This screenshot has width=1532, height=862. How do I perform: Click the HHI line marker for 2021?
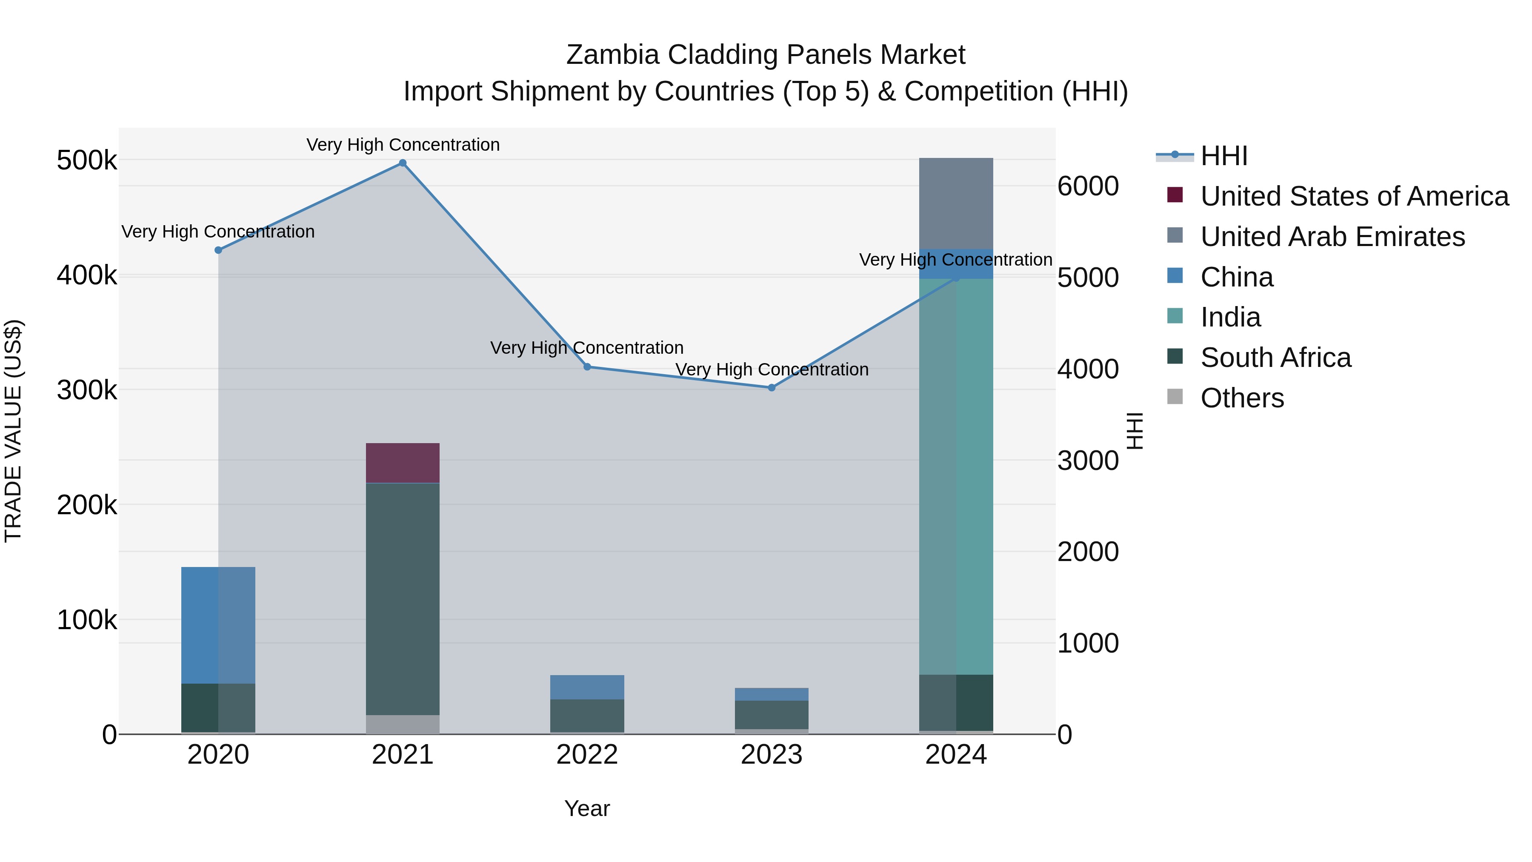(x=403, y=163)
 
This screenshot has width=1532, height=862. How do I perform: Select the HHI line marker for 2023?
(x=772, y=388)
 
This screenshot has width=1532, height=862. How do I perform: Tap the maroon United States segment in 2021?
(x=403, y=463)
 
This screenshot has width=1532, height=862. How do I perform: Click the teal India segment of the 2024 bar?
(x=956, y=476)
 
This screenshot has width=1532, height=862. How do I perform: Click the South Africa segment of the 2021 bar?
(x=403, y=598)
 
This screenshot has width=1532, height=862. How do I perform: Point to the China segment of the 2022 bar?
(x=587, y=687)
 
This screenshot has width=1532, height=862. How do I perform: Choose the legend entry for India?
(x=1230, y=317)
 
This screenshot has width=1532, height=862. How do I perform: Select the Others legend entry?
(x=1242, y=398)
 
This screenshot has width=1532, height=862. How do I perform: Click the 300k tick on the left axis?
(x=87, y=390)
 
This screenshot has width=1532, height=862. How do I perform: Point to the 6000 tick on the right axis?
(x=1088, y=186)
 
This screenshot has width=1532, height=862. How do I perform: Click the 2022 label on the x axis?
(x=587, y=755)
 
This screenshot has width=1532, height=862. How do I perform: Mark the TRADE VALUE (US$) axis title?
(x=13, y=431)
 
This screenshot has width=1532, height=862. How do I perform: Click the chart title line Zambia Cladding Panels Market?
(x=766, y=55)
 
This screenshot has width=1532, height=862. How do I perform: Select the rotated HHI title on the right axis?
(x=1135, y=431)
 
